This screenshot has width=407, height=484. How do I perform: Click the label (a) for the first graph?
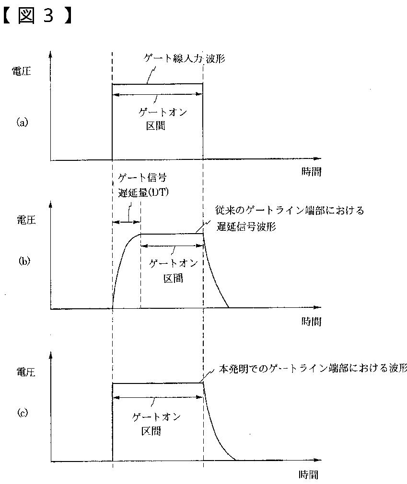coord(23,122)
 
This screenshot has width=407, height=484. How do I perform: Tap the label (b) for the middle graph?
coord(24,261)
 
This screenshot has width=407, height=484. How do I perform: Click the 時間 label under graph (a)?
coord(312,172)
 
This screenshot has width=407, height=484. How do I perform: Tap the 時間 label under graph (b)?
coord(312,321)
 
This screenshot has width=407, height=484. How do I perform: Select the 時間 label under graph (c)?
coord(308,475)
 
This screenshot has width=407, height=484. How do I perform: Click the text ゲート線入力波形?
coord(185,59)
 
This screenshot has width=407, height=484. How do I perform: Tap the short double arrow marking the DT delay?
coord(126,221)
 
